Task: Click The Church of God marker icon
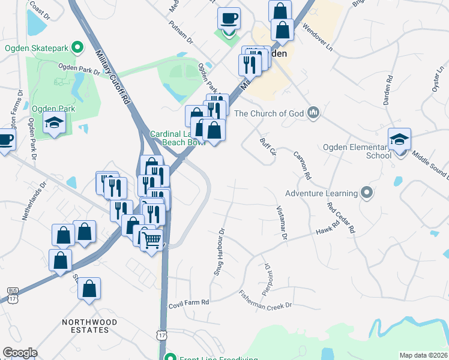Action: click(x=313, y=112)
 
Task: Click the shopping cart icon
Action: click(x=152, y=240)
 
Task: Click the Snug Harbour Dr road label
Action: click(x=219, y=251)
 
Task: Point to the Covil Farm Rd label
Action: click(x=188, y=302)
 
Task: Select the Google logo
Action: click(x=20, y=352)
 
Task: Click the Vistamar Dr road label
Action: click(x=281, y=223)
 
